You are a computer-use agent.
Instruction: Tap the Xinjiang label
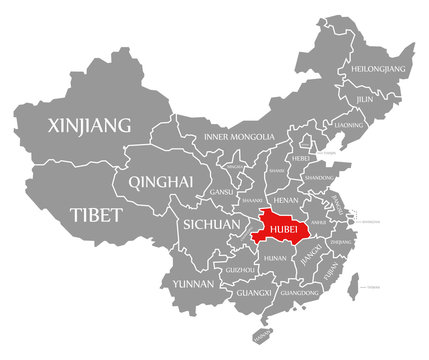point(90,126)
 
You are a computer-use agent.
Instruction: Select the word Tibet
point(96,215)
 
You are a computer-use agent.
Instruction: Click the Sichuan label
point(211,225)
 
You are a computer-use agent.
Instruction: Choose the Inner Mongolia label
point(239,136)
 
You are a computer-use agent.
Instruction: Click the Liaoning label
point(350,125)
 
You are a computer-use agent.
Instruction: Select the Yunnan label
point(192,284)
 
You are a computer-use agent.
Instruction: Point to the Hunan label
point(274,258)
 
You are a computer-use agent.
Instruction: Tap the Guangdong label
point(300,293)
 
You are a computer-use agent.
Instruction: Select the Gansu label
point(221,191)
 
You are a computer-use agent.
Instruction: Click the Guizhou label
point(240,270)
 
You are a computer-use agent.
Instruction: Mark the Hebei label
point(300,158)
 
